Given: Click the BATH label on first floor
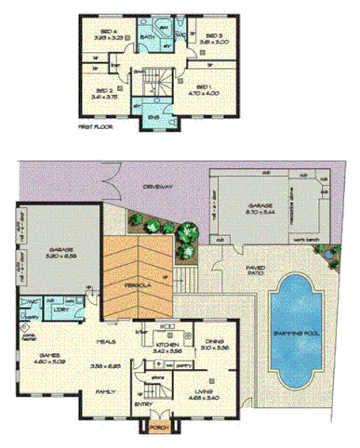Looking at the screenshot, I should [147, 38].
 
